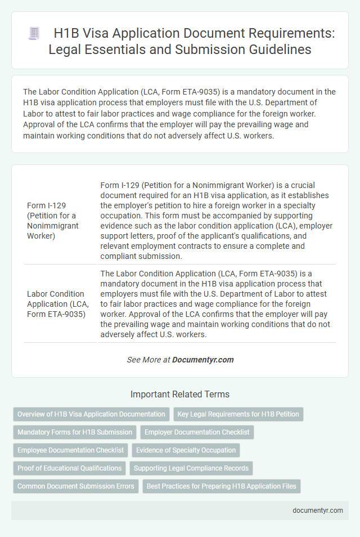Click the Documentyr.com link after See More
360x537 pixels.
(x=202, y=359)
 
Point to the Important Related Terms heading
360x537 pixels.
(x=179, y=394)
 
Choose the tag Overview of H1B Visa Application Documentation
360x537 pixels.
(x=91, y=414)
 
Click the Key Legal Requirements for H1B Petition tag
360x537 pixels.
(x=238, y=414)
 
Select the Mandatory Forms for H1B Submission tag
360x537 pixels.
(x=74, y=432)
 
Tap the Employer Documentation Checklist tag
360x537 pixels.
(x=197, y=432)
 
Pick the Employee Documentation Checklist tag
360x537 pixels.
(x=70, y=450)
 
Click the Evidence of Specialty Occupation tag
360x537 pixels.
(x=186, y=450)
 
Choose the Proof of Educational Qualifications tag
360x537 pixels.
(x=70, y=468)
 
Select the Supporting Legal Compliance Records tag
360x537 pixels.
(x=191, y=468)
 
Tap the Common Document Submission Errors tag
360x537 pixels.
(x=75, y=486)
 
